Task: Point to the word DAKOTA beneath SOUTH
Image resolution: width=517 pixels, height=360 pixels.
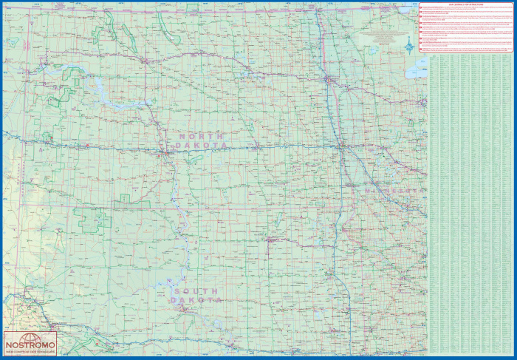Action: point(196,301)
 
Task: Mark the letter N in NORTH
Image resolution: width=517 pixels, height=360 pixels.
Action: point(180,136)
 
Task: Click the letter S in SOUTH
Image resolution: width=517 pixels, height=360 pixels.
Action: point(175,291)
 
